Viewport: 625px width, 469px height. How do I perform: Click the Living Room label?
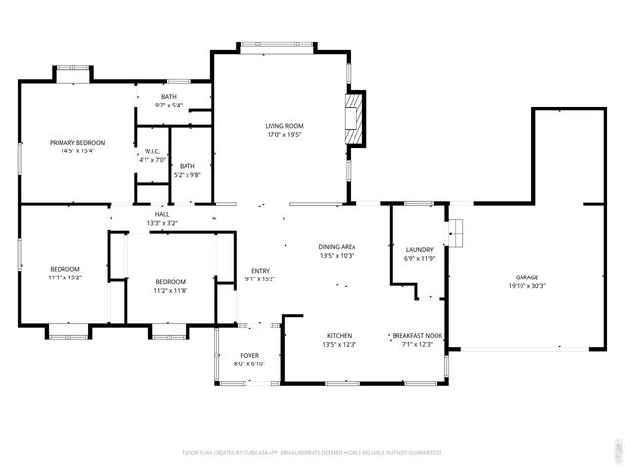point(285,126)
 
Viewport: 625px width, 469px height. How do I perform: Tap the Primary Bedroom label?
point(77,143)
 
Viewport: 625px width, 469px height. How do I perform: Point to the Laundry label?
point(419,250)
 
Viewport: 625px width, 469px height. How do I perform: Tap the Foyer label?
point(250,355)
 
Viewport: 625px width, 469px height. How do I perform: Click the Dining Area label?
point(336,246)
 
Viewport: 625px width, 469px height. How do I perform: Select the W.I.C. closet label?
point(152,151)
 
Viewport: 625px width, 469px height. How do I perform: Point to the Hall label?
point(162,214)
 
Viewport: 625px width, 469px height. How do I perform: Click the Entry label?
point(260,271)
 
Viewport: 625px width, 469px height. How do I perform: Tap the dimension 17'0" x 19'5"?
point(285,135)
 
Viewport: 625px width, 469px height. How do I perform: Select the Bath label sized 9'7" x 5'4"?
point(169,96)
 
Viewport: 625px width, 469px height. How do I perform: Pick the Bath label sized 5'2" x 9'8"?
point(187,166)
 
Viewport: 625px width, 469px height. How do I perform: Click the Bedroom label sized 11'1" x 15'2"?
point(65,269)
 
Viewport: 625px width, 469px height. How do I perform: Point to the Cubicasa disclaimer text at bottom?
point(312,453)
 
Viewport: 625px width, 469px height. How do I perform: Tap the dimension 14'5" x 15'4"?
point(77,151)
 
